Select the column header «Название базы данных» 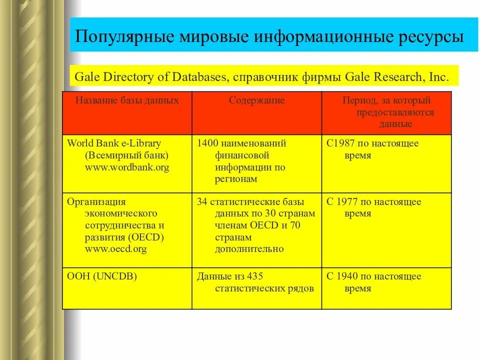127,100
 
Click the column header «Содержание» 257,100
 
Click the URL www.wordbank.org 127,167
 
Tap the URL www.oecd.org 116,249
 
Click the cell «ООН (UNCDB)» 102,276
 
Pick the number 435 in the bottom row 254,276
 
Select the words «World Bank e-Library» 114,143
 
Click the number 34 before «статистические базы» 202,202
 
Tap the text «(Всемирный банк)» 126,155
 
